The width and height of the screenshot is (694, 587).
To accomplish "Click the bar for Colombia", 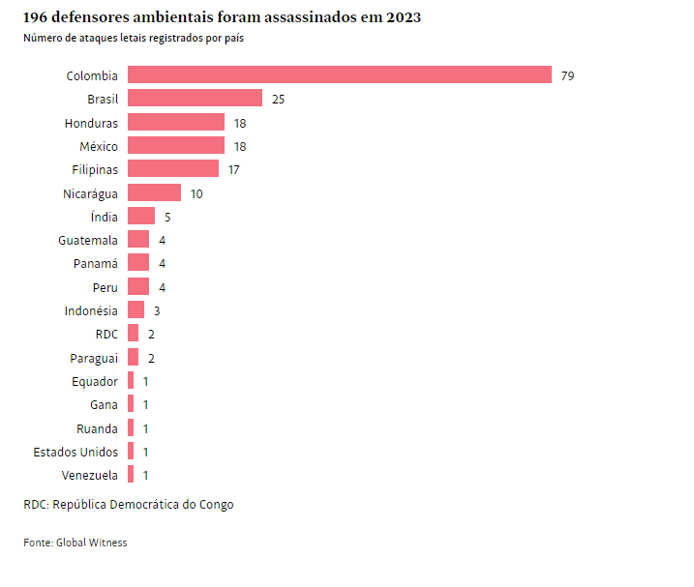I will click(x=339, y=75).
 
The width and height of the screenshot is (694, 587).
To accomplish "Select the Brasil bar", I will click(x=195, y=99).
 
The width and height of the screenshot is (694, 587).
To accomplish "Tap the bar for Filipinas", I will click(x=173, y=169).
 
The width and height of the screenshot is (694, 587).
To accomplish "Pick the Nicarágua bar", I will click(x=154, y=193).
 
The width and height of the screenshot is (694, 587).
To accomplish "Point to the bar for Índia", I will click(x=141, y=217).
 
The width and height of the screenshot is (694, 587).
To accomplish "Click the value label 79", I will click(x=567, y=75).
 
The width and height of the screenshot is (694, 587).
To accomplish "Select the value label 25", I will click(x=278, y=99).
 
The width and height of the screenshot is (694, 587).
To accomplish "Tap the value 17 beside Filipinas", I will click(x=233, y=169).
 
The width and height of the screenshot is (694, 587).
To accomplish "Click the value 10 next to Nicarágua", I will click(x=196, y=193).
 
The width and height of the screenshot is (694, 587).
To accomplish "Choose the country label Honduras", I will click(x=91, y=123).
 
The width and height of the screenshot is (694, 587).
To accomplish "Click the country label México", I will click(x=99, y=146).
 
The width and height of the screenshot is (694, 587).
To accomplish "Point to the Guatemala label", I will click(x=88, y=240).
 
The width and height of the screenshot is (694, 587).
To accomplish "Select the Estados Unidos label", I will click(x=75, y=452).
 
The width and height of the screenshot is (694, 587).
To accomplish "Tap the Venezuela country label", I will click(x=90, y=475).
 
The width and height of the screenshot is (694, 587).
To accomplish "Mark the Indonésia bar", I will click(x=136, y=310).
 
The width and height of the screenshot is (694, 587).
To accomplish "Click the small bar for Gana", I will click(x=131, y=404).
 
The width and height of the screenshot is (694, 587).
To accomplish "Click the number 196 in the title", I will click(x=37, y=17).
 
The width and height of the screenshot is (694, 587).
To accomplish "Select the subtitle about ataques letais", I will click(x=134, y=39).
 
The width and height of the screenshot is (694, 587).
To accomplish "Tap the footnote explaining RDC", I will click(x=129, y=504).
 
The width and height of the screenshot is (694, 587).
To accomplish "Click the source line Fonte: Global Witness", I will click(x=75, y=543).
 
